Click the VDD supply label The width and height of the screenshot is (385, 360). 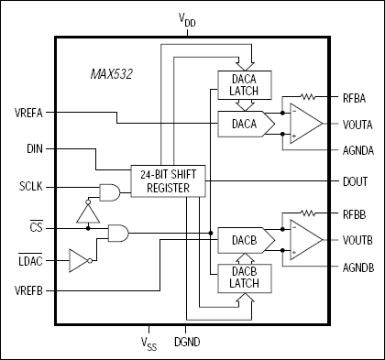coord(191,17)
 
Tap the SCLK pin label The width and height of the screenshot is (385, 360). coord(31,187)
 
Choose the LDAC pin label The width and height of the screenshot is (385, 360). coord(30,262)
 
